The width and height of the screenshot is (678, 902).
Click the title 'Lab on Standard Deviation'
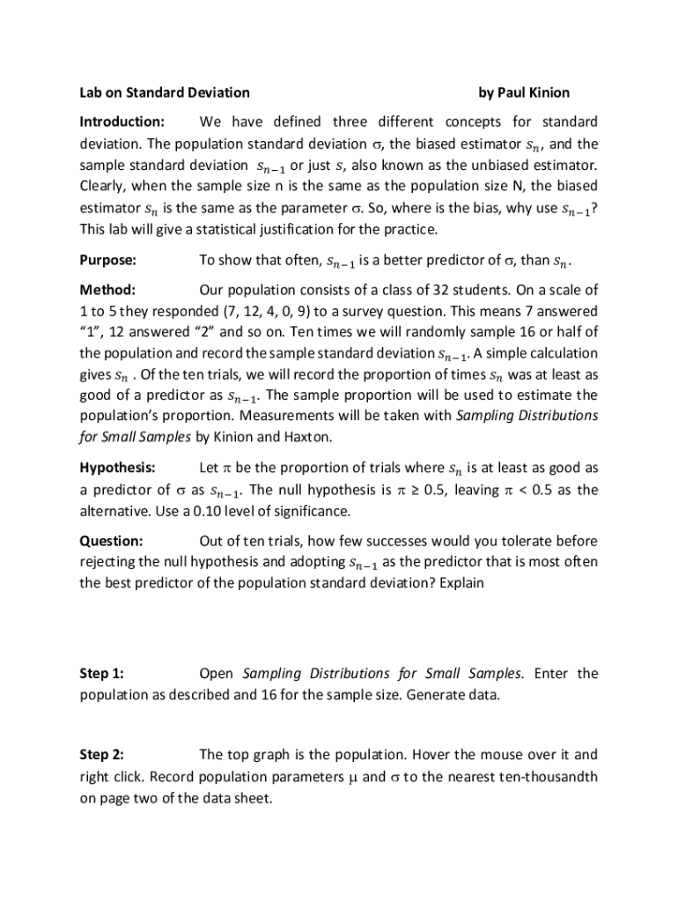(165, 92)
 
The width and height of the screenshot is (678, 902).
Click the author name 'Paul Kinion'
(536, 92)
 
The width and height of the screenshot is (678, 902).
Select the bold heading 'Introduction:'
(122, 122)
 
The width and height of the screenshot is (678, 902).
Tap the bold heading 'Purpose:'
(108, 261)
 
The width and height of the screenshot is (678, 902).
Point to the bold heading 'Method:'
(107, 290)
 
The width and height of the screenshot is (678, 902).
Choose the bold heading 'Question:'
(111, 541)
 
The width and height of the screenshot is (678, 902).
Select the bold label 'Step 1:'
(102, 674)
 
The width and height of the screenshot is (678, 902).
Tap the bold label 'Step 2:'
(102, 755)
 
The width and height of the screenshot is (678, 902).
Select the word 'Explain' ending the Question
(461, 583)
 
